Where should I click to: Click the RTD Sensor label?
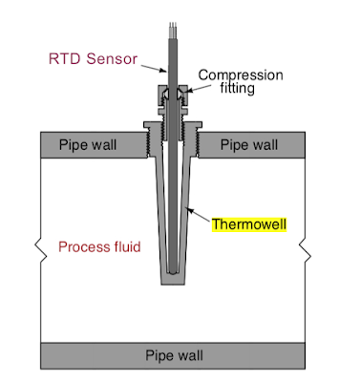click(94, 57)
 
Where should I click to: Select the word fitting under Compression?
click(231, 88)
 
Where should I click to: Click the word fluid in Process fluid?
click(124, 246)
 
